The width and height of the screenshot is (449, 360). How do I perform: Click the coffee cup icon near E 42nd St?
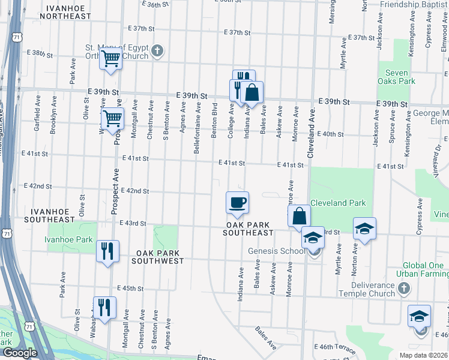(x=237, y=202)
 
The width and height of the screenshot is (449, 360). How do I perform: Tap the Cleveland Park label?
(x=337, y=203)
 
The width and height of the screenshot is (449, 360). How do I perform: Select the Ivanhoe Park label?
(x=68, y=239)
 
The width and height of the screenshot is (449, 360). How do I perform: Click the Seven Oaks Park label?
(x=396, y=77)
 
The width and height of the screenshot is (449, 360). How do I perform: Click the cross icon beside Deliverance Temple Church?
(x=405, y=289)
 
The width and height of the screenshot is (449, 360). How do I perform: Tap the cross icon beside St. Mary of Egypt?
(x=157, y=50)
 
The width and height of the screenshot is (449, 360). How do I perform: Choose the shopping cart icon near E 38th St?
(x=110, y=59)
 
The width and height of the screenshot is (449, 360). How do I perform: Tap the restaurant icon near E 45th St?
(x=104, y=307)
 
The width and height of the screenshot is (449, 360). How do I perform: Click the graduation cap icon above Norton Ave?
(x=364, y=228)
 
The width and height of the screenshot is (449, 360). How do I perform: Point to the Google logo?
(x=20, y=353)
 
